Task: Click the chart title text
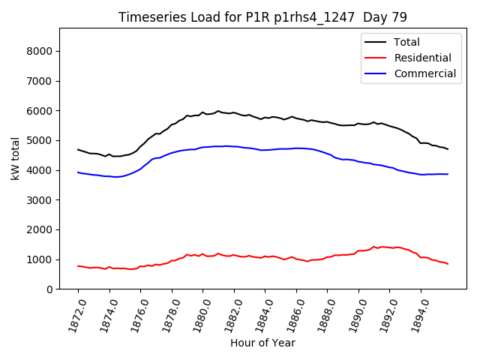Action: (x=262, y=16)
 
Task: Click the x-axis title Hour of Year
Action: (x=262, y=343)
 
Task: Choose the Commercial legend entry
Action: (x=424, y=73)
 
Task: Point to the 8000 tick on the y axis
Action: (x=40, y=51)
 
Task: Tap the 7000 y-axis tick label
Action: (x=40, y=81)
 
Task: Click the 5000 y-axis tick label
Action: (x=40, y=140)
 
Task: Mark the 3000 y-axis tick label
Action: (x=40, y=200)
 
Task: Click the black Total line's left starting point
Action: (x=78, y=149)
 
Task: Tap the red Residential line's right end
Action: (x=448, y=264)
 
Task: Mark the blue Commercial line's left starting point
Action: (x=78, y=172)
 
